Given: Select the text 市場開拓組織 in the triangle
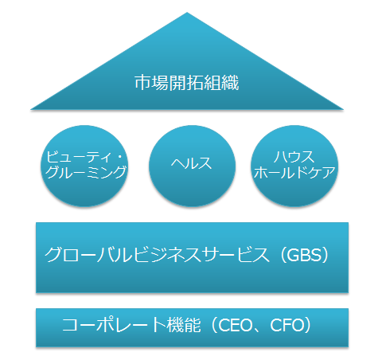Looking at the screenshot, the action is click(x=187, y=83).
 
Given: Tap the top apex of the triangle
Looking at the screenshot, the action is click(x=187, y=12).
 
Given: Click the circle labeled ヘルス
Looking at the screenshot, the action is click(x=192, y=166).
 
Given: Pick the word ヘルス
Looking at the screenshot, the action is click(x=191, y=162).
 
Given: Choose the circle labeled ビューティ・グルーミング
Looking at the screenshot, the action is click(x=84, y=166).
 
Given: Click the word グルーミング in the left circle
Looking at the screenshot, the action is click(x=86, y=172).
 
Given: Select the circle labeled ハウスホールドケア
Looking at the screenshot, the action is click(x=294, y=166).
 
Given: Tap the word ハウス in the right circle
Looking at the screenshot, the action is click(x=294, y=157).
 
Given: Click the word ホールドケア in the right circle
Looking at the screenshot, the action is click(x=294, y=172).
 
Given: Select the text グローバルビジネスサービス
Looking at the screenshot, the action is click(x=157, y=255).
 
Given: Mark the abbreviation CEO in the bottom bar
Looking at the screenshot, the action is click(x=235, y=325).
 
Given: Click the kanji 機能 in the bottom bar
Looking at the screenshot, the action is click(x=184, y=325).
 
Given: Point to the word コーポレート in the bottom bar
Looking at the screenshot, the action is click(x=115, y=325).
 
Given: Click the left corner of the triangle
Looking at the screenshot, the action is click(x=31, y=109).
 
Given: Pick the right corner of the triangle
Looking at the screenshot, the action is click(x=344, y=109).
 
